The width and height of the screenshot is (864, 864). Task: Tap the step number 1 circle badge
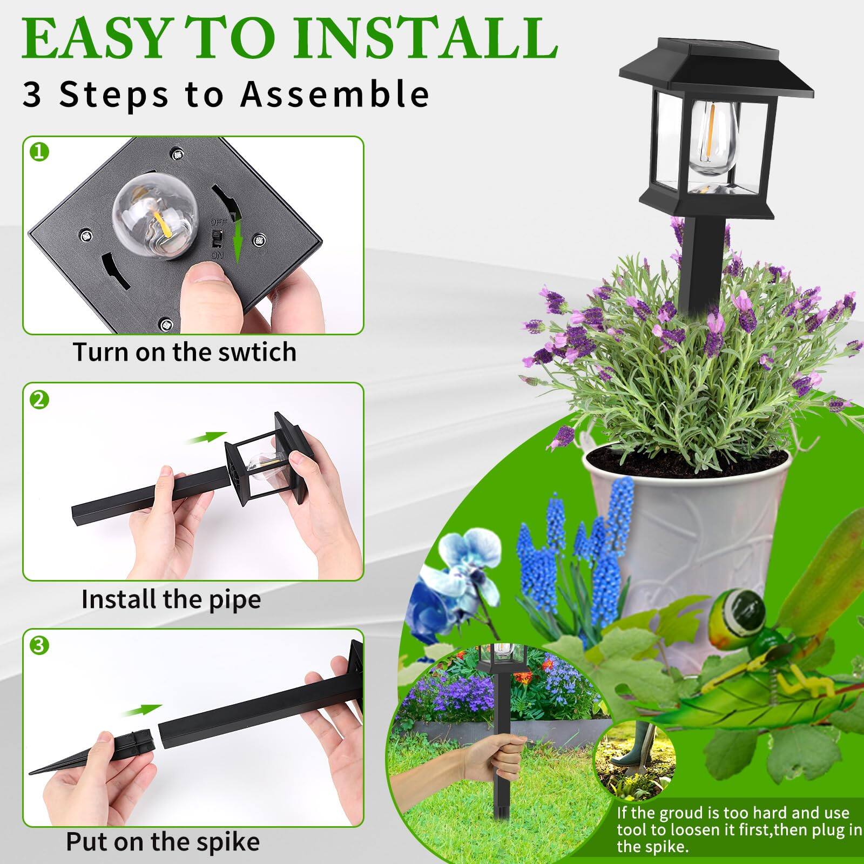39,153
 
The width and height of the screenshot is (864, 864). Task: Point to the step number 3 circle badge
39,645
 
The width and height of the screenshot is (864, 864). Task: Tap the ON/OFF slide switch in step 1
218,238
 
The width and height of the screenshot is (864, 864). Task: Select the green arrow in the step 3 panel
141,711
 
